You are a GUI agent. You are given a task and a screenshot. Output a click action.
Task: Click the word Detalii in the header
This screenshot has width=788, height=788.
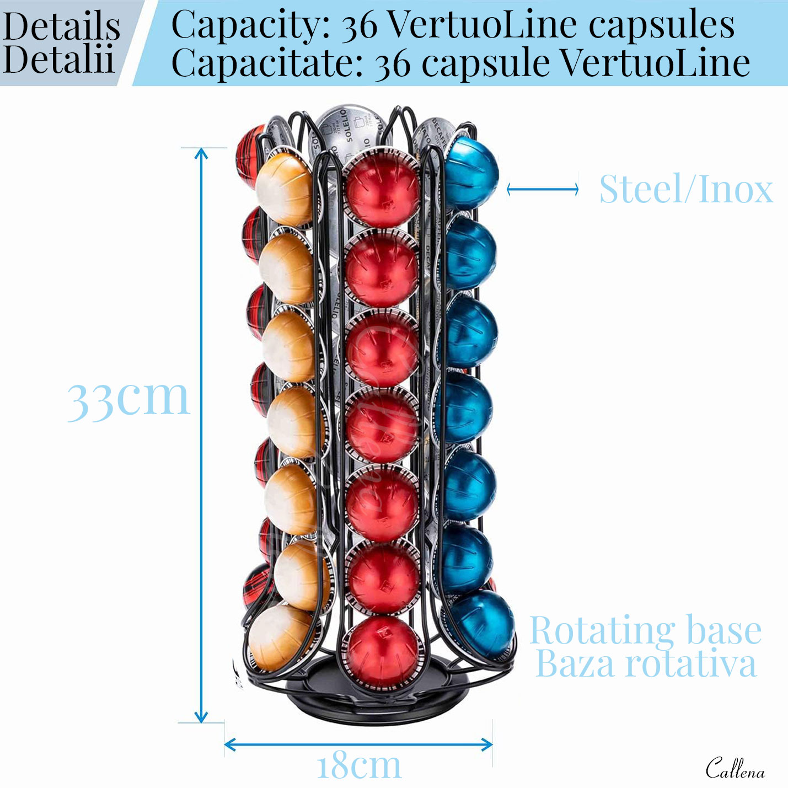click(x=58, y=59)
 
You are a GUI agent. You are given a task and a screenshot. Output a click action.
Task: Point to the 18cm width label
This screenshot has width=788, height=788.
click(x=359, y=765)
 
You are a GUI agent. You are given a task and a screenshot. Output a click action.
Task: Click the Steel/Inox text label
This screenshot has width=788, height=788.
click(x=685, y=189)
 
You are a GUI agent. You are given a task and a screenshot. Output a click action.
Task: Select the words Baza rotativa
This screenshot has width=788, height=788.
click(x=646, y=664)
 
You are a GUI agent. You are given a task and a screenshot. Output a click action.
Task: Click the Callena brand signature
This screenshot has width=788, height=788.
click(x=735, y=768)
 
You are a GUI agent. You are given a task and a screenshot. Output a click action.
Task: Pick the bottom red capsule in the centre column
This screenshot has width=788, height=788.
click(x=381, y=651)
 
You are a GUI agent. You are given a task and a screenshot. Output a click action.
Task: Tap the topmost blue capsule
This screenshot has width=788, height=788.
click(x=470, y=172)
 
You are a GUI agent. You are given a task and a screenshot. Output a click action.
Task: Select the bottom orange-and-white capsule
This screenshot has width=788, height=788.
click(x=281, y=637)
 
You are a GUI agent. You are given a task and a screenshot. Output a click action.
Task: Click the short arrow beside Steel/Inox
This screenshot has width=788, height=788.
click(x=543, y=190)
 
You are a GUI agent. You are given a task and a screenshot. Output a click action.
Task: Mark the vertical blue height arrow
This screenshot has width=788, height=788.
click(x=201, y=436)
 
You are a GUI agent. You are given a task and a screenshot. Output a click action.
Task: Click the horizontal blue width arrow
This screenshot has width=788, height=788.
click(x=358, y=744)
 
